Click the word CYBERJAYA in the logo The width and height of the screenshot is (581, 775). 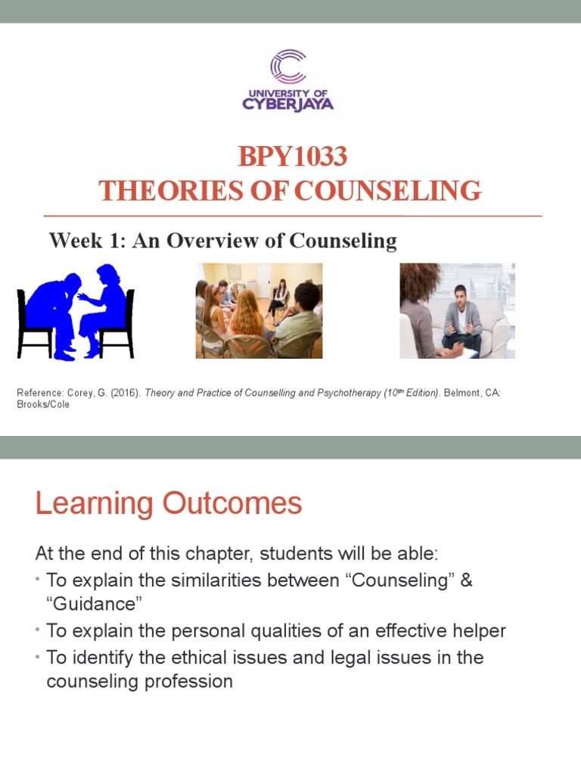(x=288, y=104)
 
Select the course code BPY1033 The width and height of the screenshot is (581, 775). (x=292, y=157)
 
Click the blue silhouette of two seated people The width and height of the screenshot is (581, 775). (x=76, y=311)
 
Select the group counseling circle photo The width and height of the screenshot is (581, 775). (x=259, y=310)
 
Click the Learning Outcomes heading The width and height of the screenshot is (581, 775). (x=169, y=503)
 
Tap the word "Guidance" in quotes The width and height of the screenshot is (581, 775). (x=95, y=605)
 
